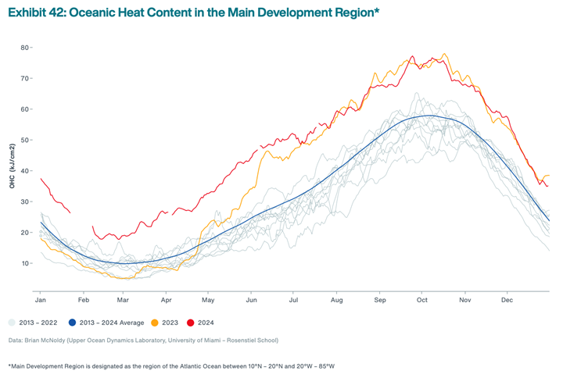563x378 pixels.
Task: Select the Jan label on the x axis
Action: click(x=39, y=299)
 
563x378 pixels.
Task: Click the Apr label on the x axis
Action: click(x=166, y=299)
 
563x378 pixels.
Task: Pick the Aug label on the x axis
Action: click(x=337, y=299)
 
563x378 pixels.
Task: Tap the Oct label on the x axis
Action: click(x=423, y=299)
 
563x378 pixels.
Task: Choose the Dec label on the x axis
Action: click(x=507, y=299)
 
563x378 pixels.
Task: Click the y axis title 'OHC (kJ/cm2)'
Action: click(x=12, y=166)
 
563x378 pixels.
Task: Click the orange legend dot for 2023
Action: click(x=155, y=322)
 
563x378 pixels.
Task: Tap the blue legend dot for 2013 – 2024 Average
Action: click(x=72, y=322)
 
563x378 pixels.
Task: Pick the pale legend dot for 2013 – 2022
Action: click(x=13, y=322)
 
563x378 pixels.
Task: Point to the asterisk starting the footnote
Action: click(x=10, y=365)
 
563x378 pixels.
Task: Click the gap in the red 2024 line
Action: click(x=81, y=219)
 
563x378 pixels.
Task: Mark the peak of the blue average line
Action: click(x=426, y=116)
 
